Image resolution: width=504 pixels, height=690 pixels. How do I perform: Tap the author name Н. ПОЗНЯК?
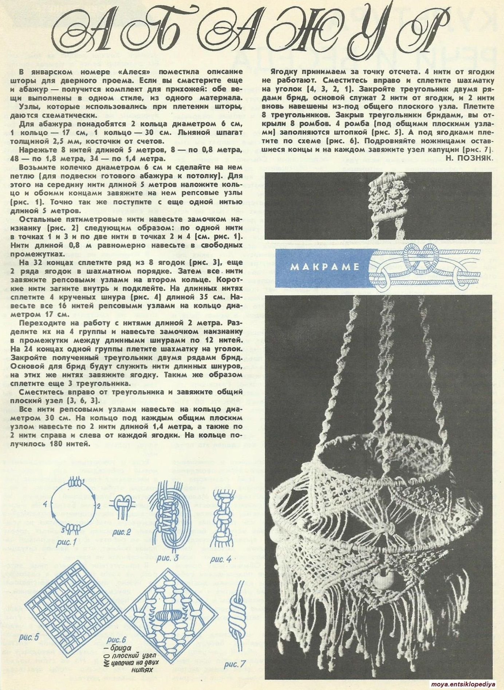coord(469,157)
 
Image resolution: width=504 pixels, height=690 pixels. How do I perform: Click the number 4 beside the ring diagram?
coord(44,504)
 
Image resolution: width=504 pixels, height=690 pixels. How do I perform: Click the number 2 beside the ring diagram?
coord(98,506)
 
